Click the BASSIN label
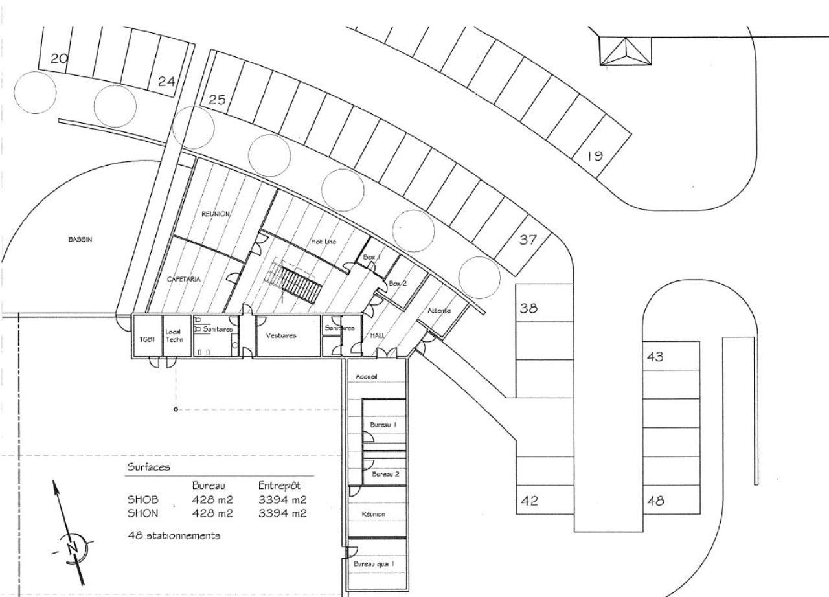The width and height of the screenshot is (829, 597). tap(80, 240)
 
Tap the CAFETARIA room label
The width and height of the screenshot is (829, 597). tap(184, 280)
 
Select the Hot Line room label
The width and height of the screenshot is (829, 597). tap(323, 242)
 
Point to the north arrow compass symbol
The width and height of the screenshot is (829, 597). tap(72, 545)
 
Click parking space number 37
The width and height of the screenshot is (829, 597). tap(528, 240)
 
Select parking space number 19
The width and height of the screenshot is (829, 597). tap(595, 156)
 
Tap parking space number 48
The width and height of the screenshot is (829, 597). tap(655, 501)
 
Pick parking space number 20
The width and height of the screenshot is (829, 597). tap(59, 59)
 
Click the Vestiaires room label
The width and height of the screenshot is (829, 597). tap(281, 335)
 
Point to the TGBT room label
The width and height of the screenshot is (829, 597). tap(146, 339)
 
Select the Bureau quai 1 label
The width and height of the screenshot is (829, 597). tap(374, 564)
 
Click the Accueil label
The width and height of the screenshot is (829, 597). tap(367, 376)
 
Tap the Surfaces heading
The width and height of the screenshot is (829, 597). tap(148, 467)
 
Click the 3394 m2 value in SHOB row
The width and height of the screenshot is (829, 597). tap(282, 500)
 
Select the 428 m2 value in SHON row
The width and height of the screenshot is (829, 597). tap(212, 513)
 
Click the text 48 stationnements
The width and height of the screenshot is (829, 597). tap(174, 535)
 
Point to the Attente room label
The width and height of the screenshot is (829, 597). tap(439, 311)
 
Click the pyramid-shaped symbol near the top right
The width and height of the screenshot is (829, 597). tap(625, 51)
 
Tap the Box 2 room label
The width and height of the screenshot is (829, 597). tap(398, 284)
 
